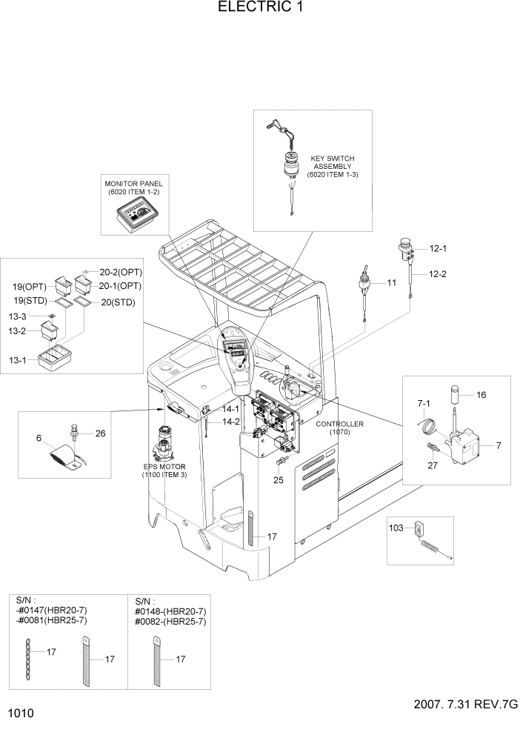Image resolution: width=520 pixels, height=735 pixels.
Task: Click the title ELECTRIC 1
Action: pyautogui.click(x=260, y=8)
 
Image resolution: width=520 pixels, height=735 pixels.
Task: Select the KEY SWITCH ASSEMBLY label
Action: pyautogui.click(x=333, y=167)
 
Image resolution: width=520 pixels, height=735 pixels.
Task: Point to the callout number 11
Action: pyautogui.click(x=392, y=282)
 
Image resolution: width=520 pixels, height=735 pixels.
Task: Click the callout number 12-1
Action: pyautogui.click(x=429, y=249)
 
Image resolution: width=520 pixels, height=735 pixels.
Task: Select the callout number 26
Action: pyautogui.click(x=101, y=433)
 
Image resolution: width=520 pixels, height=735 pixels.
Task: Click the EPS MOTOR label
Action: pyautogui.click(x=165, y=470)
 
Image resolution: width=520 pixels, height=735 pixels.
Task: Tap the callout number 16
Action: pyautogui.click(x=481, y=395)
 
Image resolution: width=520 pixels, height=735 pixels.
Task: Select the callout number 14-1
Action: pyautogui.click(x=230, y=408)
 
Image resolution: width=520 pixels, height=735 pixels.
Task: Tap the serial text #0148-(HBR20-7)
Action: pyautogui.click(x=170, y=611)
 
